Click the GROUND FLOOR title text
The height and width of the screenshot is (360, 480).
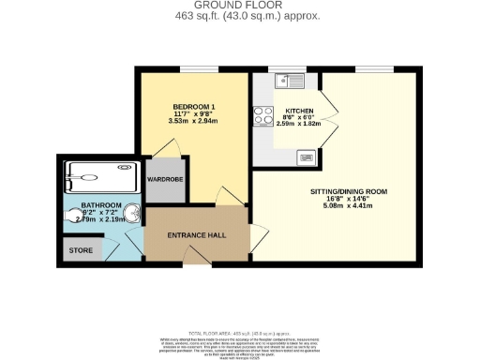240,6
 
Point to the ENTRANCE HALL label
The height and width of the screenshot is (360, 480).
196,233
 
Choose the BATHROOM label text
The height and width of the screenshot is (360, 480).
99,205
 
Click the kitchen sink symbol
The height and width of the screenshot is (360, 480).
286,81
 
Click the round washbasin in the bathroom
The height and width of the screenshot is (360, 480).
137,215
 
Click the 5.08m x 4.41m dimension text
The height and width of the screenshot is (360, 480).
348,206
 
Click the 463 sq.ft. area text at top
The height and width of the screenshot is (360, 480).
240,16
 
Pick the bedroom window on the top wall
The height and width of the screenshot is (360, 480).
194,70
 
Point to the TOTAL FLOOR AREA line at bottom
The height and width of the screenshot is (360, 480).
240,334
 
